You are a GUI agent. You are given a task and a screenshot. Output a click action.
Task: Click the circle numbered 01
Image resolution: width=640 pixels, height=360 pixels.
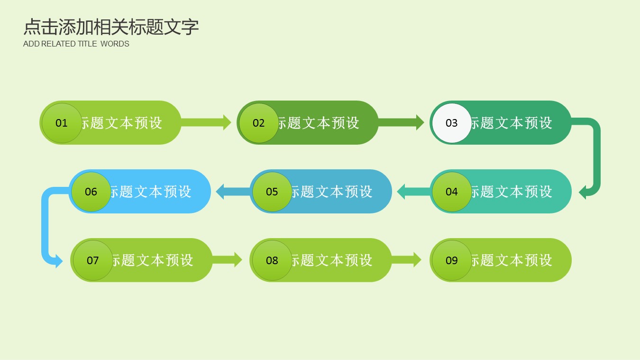click(62, 123)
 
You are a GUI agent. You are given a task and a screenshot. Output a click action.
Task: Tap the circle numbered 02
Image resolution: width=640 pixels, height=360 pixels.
click(259, 123)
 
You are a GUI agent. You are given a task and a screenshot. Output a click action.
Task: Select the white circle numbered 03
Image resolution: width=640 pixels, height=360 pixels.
click(452, 123)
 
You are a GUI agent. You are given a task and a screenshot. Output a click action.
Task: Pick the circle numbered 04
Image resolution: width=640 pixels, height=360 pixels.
click(452, 192)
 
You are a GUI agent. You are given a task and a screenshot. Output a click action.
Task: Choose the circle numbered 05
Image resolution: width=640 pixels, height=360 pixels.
click(272, 192)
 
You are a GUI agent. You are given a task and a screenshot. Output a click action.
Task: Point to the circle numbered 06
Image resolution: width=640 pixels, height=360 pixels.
click(91, 192)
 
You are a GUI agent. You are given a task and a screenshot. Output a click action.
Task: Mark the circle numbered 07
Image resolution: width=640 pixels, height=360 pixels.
click(93, 260)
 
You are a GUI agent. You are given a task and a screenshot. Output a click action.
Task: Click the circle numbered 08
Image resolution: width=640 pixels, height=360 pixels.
click(272, 260)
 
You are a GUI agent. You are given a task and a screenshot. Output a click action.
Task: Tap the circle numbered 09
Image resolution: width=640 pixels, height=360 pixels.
click(452, 260)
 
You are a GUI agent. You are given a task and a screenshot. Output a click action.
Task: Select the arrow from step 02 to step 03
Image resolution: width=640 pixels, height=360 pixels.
click(401, 122)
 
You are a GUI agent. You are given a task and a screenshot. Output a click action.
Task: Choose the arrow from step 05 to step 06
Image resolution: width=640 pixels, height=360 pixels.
click(233, 192)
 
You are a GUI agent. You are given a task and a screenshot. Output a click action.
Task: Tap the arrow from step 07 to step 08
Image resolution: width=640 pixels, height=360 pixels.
click(227, 260)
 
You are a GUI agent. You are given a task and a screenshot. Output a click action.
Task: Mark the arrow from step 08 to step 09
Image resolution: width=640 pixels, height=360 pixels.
click(406, 260)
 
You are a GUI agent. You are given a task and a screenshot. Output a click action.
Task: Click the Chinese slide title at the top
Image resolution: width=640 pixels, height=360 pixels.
click(111, 27)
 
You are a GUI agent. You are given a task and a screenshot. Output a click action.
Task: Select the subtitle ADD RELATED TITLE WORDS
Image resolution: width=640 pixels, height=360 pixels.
click(76, 44)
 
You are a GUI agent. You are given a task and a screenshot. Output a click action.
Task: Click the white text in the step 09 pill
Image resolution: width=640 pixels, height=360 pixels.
click(511, 260)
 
